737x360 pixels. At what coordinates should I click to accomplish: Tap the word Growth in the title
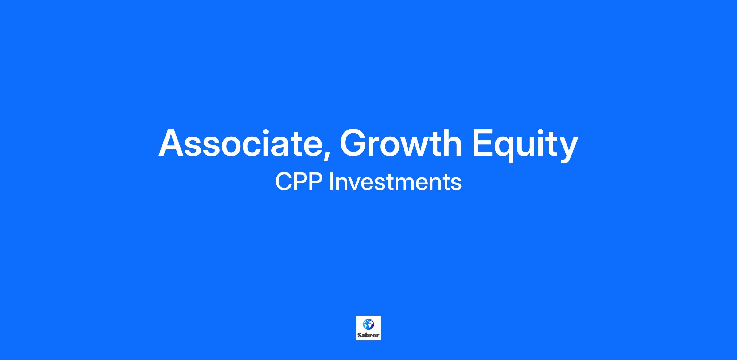pyautogui.click(x=400, y=143)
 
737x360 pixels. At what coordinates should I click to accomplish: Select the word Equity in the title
pyautogui.click(x=525, y=145)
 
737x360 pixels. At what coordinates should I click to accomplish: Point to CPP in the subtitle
pyautogui.click(x=299, y=182)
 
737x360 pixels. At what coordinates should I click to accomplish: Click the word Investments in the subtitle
pyautogui.click(x=395, y=182)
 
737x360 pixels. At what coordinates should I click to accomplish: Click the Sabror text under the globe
pyautogui.click(x=368, y=335)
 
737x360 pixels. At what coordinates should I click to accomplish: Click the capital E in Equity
pyautogui.click(x=484, y=143)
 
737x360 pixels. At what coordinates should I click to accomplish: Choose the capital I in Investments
pyautogui.click(x=331, y=182)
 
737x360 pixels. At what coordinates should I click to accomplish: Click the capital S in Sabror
pyautogui.click(x=359, y=335)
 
